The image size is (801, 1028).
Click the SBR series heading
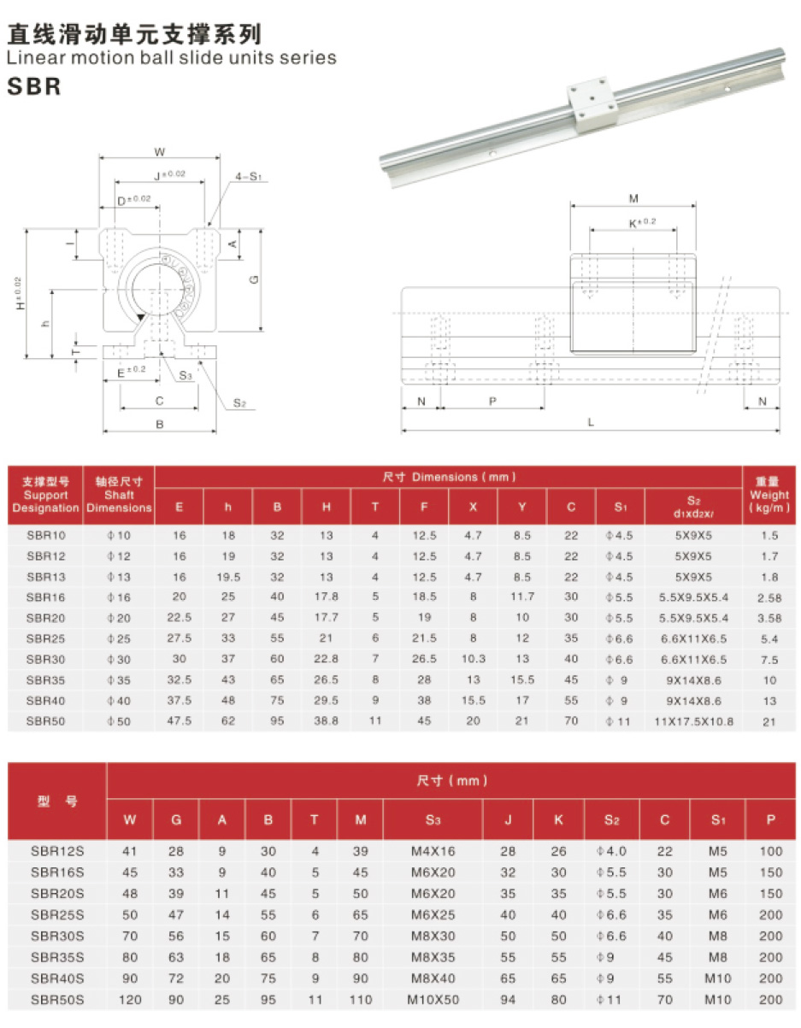[35, 87]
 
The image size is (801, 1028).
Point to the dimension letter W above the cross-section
[160, 152]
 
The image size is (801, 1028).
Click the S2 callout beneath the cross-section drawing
[239, 402]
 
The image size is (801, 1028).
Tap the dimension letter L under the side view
[592, 421]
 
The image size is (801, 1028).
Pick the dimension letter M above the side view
[633, 199]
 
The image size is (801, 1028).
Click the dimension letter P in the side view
[493, 401]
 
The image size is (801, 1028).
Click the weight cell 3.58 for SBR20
[769, 618]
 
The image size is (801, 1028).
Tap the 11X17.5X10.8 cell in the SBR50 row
[693, 721]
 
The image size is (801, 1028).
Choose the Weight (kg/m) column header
[769, 496]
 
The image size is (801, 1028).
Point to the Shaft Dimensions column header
[119, 496]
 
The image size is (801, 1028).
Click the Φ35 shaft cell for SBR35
[119, 680]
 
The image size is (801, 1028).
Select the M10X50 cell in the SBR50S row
[433, 999]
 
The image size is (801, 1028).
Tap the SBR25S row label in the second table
[57, 914]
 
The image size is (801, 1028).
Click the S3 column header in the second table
[433, 820]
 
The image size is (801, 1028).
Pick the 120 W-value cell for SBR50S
[130, 999]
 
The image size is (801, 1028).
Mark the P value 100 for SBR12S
[770, 851]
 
